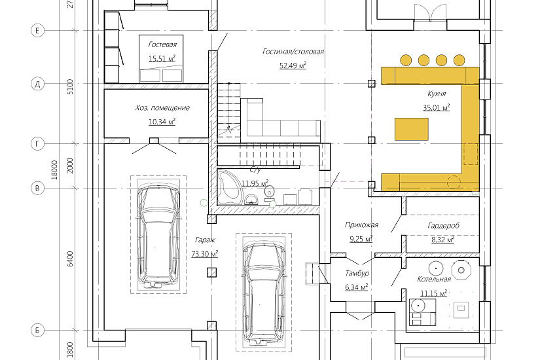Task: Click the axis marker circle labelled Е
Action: pos(37,31)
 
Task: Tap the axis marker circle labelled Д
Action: pos(37,84)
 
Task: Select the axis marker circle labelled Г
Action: pos(37,143)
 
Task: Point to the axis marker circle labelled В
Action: pos(37,188)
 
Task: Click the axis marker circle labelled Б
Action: pos(37,330)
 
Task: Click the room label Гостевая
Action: pos(162,45)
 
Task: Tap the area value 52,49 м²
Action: pos(293,65)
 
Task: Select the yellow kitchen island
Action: pos(412,129)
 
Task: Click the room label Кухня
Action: pos(437,94)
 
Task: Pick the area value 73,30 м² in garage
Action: pos(205,254)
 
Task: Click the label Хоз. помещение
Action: pos(162,108)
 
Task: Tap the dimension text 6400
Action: pos(70,259)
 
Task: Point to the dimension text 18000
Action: pos(54,170)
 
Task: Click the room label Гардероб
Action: pos(444,226)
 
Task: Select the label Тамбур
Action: pos(357,273)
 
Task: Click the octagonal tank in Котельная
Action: pos(461,270)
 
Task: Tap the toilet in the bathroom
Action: pos(269,192)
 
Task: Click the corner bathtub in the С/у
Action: pos(228,187)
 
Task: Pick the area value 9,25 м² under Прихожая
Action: pos(361,239)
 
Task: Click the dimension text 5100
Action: pos(70,87)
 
